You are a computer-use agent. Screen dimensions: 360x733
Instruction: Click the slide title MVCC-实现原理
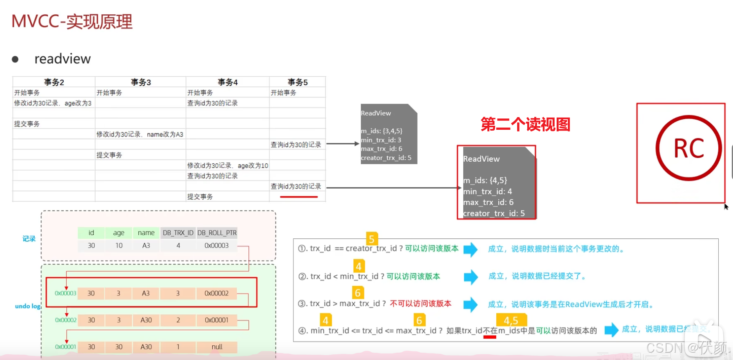72,22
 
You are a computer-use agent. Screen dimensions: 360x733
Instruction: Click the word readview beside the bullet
62,59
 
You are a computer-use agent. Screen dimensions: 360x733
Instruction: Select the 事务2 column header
54,82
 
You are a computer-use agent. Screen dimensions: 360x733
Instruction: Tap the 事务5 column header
298,82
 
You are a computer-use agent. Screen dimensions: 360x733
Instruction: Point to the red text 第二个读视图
525,124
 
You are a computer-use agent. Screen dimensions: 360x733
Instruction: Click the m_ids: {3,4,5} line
382,131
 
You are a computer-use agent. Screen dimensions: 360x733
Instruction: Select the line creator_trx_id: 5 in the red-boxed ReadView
494,213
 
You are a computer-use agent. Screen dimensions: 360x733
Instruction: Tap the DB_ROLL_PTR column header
217,233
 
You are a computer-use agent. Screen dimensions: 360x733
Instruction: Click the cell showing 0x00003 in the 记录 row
216,245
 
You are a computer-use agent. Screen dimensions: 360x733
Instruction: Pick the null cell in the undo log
217,347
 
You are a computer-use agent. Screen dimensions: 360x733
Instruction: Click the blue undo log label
28,306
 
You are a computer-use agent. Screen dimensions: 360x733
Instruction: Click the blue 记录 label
29,239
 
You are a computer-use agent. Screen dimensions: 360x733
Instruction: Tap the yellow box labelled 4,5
511,320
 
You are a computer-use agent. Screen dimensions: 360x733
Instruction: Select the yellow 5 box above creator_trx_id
371,239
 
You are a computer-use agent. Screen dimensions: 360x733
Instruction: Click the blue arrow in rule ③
471,304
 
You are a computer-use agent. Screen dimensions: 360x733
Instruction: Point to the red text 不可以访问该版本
420,304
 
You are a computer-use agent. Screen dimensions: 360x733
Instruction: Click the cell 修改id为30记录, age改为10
227,165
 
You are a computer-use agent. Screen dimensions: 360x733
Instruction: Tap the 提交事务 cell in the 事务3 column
109,155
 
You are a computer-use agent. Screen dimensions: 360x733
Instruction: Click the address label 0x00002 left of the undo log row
66,320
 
